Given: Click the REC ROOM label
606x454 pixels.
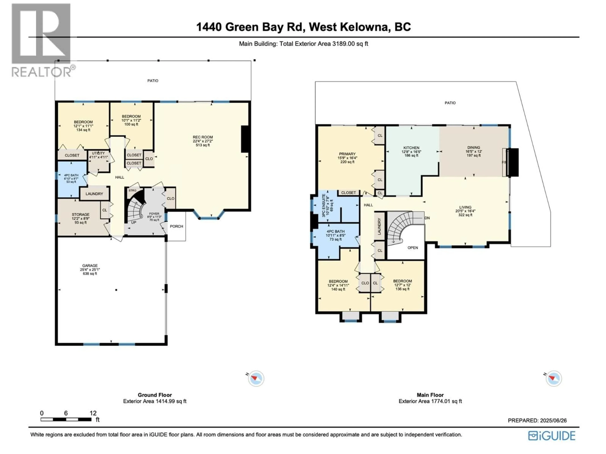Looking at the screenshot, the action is click(x=203, y=137).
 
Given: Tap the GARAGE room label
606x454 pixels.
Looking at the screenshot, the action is click(x=90, y=265).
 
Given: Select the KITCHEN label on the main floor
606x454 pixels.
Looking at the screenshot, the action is click(x=411, y=148).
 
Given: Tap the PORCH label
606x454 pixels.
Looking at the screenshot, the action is click(x=176, y=226).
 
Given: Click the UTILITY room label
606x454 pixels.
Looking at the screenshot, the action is click(x=98, y=153).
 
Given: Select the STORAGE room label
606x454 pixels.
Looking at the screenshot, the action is click(x=80, y=215).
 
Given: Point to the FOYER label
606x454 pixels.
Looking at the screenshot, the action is click(x=154, y=214).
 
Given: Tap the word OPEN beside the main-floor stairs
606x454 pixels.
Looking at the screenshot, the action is click(x=413, y=248).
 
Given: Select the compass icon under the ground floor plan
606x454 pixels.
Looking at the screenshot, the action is click(x=256, y=378).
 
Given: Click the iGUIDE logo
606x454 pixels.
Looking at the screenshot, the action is click(x=552, y=436).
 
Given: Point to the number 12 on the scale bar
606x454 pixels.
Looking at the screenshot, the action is click(x=93, y=413).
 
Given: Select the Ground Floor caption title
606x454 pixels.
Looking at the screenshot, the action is click(x=155, y=395).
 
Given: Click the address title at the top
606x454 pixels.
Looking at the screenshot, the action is click(x=303, y=27).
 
